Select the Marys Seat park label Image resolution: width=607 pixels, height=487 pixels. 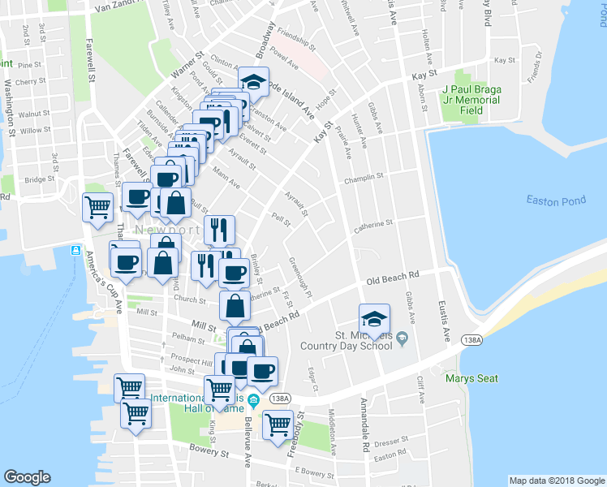coord(471,377)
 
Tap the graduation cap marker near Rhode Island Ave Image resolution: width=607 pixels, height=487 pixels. coord(253,83)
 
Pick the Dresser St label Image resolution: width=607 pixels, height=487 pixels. coord(390,442)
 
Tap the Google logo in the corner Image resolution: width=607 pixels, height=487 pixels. coord(28,477)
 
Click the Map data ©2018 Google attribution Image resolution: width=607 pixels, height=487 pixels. coord(556,481)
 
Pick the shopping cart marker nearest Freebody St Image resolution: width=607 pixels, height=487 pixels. coord(278,425)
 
